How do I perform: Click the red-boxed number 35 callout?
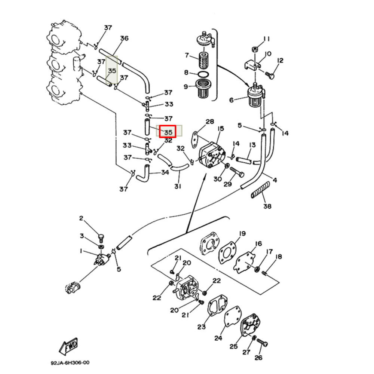pyautogui.click(x=168, y=132)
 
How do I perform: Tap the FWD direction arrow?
pyautogui.click(x=69, y=347)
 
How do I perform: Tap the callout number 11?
pyautogui.click(x=266, y=39)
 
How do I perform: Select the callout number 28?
pyautogui.click(x=209, y=122)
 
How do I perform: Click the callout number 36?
pyautogui.click(x=124, y=39)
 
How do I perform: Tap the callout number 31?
pyautogui.click(x=177, y=186)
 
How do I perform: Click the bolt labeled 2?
pyautogui.click(x=100, y=236)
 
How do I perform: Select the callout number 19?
pyautogui.click(x=242, y=234)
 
